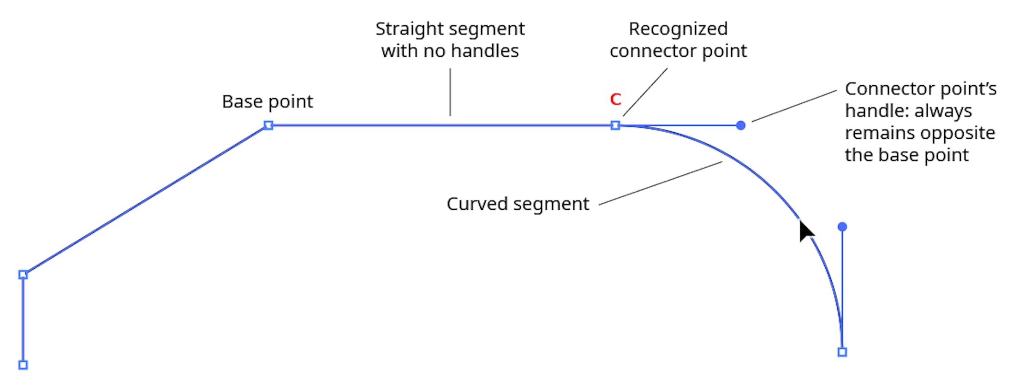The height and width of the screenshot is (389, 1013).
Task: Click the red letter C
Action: pos(615,99)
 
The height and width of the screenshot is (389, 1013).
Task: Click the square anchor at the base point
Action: pos(268,125)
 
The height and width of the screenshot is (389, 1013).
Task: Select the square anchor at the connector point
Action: pos(615,125)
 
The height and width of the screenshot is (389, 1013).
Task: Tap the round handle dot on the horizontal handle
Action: pos(741,125)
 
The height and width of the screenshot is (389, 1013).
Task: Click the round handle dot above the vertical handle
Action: pos(842,227)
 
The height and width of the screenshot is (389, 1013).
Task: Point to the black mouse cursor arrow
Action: pos(805,231)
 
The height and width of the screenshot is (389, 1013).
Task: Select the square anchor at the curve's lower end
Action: pos(842,352)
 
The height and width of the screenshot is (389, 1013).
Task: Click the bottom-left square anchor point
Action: pos(23,365)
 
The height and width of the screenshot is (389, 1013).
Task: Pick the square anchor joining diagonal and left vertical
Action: pos(23,275)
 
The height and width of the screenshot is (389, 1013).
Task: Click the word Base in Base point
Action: pos(242,101)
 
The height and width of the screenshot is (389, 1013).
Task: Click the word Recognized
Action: pos(678,29)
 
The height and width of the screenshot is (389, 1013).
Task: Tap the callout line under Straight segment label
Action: pos(450,92)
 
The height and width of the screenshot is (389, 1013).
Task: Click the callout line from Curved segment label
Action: pos(660,183)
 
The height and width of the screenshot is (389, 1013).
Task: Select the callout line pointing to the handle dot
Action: pos(793,106)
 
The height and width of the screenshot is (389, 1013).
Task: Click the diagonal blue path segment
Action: pos(145,200)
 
